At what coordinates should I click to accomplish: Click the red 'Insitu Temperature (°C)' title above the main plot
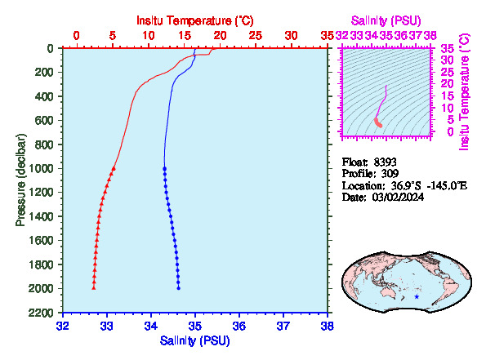pyautogui.click(x=195, y=20)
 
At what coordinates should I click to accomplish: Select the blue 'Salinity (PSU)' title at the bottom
pyautogui.click(x=194, y=340)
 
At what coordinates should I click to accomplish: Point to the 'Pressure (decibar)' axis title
pyautogui.click(x=20, y=180)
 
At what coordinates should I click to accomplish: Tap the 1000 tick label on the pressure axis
pyautogui.click(x=41, y=168)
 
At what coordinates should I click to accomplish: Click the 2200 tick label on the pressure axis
pyautogui.click(x=41, y=313)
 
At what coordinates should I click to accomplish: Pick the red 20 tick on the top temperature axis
pyautogui.click(x=220, y=36)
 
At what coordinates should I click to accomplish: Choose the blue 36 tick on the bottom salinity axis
pyautogui.click(x=239, y=326)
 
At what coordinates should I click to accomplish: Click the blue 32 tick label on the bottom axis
pyautogui.click(x=63, y=326)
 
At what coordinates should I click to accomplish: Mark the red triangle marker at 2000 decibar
pyautogui.click(x=94, y=288)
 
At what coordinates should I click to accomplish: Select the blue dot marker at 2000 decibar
pyautogui.click(x=179, y=288)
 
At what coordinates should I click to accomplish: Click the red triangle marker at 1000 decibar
pyautogui.click(x=114, y=168)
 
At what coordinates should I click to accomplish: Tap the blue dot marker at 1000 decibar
pyautogui.click(x=164, y=168)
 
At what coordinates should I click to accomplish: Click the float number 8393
pyautogui.click(x=385, y=162)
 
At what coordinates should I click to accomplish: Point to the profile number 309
pyautogui.click(x=390, y=173)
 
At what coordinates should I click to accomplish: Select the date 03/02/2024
pyautogui.click(x=398, y=197)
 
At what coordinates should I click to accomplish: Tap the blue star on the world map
pyautogui.click(x=417, y=296)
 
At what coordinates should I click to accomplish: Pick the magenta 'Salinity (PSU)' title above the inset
pyautogui.click(x=386, y=20)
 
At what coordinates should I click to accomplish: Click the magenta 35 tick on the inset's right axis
pyautogui.click(x=448, y=48)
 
